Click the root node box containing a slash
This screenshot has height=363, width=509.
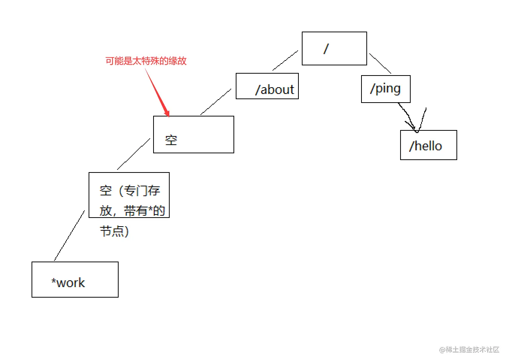tap(334, 48)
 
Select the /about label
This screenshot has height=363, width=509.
tap(274, 89)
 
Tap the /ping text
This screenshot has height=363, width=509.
tap(385, 89)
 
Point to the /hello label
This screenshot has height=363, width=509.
tap(426, 146)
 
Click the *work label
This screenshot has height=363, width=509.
tap(68, 283)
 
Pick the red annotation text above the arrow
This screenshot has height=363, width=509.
tap(146, 61)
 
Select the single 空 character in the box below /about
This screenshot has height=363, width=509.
tap(171, 140)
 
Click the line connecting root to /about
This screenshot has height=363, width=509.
tap(285, 60)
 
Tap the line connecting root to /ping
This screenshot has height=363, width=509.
tap(380, 64)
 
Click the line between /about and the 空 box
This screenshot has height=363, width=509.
tap(216, 102)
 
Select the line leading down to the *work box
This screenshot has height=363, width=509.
tap(69, 236)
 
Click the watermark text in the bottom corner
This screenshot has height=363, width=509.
tap(469, 349)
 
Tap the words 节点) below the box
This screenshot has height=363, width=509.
tap(114, 231)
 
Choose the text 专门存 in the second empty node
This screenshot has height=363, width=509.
tap(142, 191)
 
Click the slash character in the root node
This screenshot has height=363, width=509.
tap(326, 48)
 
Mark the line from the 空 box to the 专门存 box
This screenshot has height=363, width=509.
tap(134, 154)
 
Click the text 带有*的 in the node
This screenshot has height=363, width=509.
tap(145, 211)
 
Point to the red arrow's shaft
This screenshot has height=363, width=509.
tap(156, 90)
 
